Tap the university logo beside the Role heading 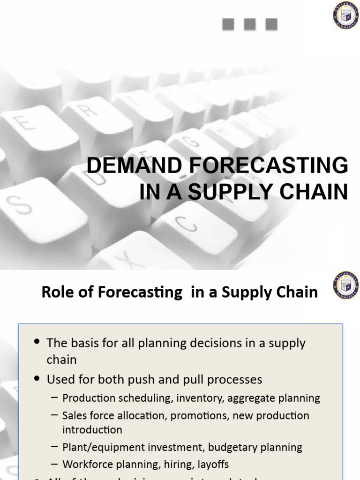pos(346,285)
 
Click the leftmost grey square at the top pos(228,24)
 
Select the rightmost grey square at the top pos(271,24)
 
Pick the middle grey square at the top pos(250,24)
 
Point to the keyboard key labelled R pos(94,115)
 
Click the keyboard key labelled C pos(187,225)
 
